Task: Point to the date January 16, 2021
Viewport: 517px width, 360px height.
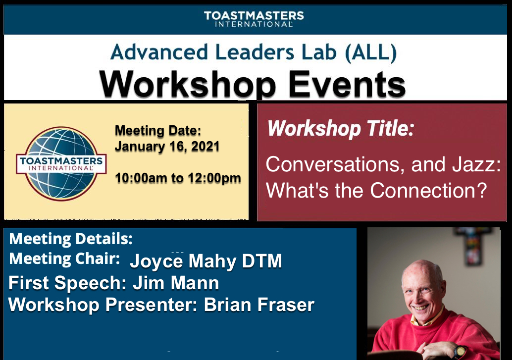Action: [x=167, y=147]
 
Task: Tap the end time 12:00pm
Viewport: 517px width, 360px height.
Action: [x=213, y=178]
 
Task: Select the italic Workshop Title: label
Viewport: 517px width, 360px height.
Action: [x=340, y=129]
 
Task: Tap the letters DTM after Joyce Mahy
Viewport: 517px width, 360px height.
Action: [x=262, y=261]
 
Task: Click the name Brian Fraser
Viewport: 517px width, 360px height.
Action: [x=259, y=305]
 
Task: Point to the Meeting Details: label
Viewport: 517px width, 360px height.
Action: [x=71, y=239]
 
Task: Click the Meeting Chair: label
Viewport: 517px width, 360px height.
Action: [x=64, y=258]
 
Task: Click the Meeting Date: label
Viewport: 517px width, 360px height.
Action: [x=158, y=131]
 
